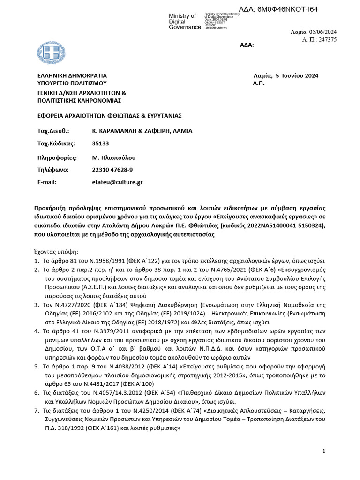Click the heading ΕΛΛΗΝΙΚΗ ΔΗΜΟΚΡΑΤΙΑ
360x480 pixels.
72,75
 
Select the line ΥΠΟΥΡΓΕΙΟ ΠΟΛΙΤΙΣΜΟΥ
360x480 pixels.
69,83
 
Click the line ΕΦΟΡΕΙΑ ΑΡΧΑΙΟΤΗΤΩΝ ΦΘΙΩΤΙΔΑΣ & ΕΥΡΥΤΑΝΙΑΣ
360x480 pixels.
109,115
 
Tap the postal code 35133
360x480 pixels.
100,143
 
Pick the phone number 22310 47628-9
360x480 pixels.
112,169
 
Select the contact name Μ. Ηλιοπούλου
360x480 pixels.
113,157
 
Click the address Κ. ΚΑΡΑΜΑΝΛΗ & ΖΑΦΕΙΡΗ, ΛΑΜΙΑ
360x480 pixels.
142,131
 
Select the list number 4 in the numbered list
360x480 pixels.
37,331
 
